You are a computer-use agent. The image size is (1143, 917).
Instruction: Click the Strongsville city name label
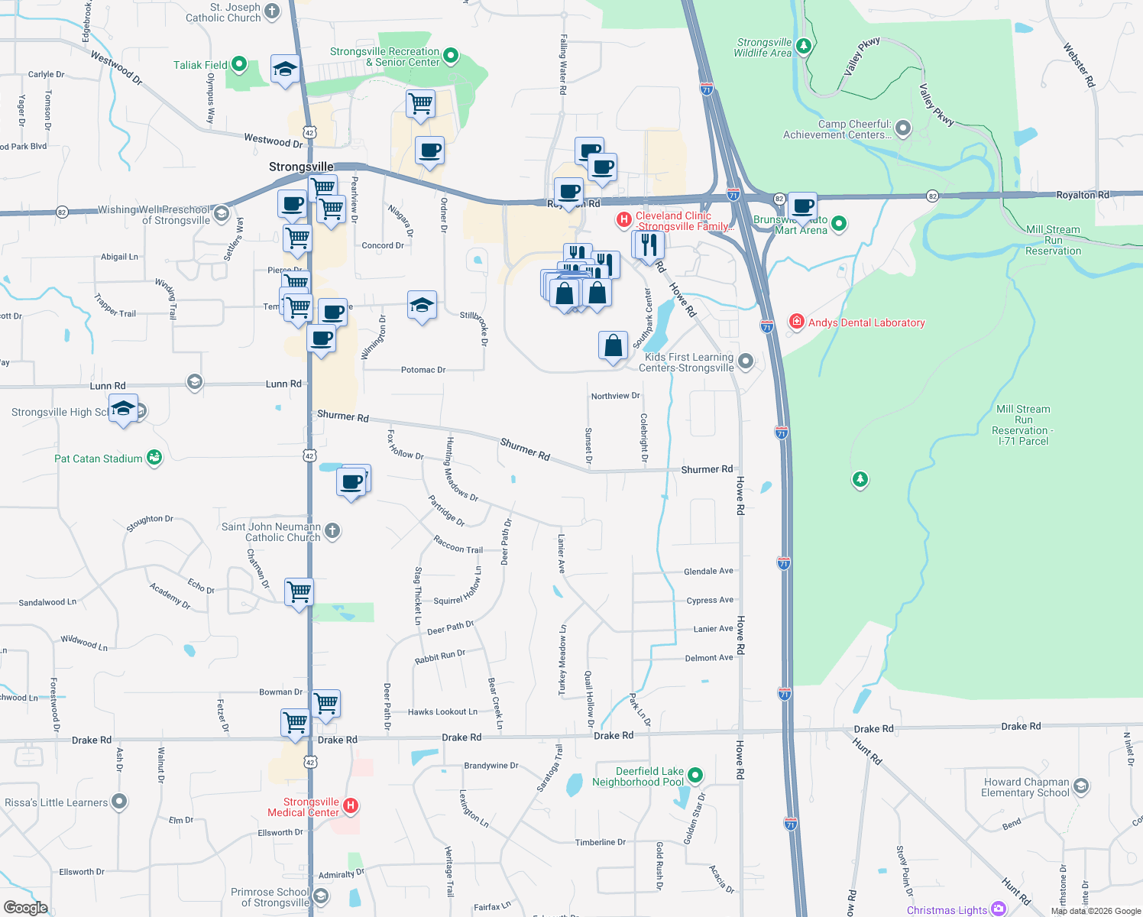coord(301,167)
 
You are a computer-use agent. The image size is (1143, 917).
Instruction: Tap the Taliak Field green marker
coord(239,65)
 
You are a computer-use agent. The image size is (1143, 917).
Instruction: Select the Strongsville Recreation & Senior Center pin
coord(450,55)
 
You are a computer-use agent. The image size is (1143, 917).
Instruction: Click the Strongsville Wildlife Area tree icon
coord(803,47)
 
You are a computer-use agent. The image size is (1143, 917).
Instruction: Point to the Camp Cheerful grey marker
coord(903,128)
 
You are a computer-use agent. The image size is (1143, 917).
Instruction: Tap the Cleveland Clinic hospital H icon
coord(624,220)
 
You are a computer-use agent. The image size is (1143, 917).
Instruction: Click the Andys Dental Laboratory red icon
coord(797,322)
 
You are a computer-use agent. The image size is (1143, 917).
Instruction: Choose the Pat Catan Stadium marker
coord(154,458)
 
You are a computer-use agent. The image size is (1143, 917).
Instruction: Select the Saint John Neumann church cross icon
coord(332,530)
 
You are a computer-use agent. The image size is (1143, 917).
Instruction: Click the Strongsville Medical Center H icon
coord(351,805)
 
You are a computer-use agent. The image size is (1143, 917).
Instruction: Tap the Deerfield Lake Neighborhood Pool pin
coord(695,776)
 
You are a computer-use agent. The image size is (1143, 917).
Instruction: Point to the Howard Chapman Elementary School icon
coord(1080,786)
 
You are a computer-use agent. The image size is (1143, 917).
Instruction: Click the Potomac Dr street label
coord(423,370)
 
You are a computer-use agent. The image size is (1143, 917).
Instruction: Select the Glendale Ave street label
coord(708,572)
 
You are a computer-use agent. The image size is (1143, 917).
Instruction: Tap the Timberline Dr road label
coord(601,842)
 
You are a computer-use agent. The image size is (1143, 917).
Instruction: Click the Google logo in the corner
coord(25,907)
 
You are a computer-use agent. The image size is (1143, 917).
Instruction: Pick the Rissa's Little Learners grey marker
coord(118,802)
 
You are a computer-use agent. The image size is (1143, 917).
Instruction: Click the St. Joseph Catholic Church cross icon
coord(272,11)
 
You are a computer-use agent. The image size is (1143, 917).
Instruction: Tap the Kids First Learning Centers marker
coord(746,361)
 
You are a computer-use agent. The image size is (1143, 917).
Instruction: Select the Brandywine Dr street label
coord(491,766)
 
